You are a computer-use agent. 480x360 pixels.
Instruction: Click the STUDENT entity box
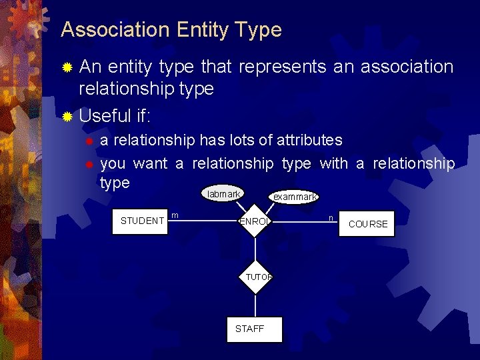tap(142, 221)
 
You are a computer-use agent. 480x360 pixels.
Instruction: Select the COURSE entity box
tap(368, 224)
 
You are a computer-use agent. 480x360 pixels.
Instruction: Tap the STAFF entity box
tap(254, 329)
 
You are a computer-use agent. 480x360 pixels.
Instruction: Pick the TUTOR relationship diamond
tap(257, 277)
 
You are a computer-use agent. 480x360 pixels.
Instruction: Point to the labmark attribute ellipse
tap(223, 194)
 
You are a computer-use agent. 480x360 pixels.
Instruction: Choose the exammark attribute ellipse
tap(295, 197)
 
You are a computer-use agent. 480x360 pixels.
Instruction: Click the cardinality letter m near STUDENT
tap(175, 215)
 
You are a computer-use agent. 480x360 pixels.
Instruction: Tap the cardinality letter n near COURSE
tap(331, 217)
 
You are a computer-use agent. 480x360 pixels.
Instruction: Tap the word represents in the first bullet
tap(280, 67)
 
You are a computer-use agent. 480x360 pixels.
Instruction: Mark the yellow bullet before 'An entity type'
tap(67, 68)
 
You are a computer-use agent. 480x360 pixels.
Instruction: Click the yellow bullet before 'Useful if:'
tap(67, 117)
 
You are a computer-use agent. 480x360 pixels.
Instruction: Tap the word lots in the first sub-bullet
tap(253, 140)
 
